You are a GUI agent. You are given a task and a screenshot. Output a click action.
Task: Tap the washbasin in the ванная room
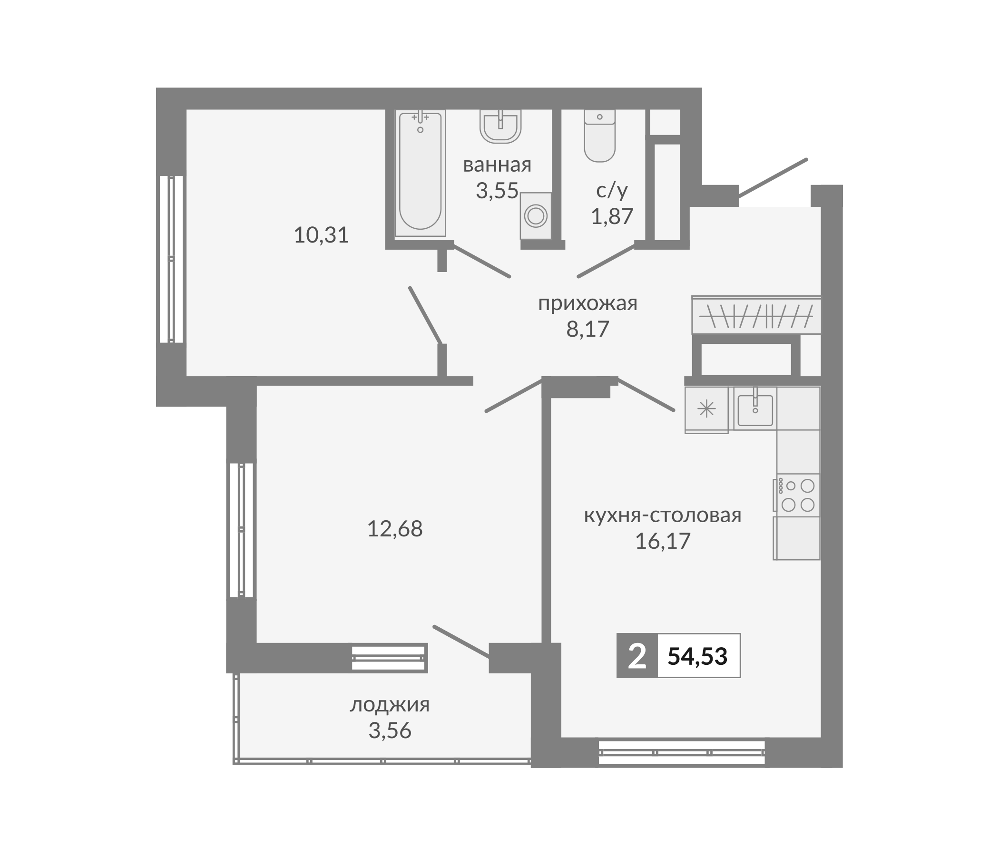[500, 126]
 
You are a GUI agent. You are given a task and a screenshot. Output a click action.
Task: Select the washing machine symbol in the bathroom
[536, 216]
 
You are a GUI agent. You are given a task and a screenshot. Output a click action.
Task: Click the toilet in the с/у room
[599, 136]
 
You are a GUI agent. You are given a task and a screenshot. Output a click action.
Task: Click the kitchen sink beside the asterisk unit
[755, 409]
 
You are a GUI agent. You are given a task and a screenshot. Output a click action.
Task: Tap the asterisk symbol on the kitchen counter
[707, 409]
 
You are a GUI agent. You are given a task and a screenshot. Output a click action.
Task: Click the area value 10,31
[321, 235]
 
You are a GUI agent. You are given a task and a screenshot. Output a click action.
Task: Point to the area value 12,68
[395, 529]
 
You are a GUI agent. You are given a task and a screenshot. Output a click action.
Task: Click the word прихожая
[587, 304]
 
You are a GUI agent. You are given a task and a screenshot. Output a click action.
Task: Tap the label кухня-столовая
[663, 515]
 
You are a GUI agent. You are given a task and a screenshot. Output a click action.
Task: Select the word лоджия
[390, 705]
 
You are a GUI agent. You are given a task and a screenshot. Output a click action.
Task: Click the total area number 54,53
[697, 656]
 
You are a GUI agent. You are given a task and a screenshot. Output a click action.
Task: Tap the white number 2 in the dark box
[637, 656]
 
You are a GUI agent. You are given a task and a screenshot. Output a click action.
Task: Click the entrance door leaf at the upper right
[773, 178]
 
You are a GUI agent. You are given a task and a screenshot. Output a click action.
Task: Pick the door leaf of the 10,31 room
[425, 315]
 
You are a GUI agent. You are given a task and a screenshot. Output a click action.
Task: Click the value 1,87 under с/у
[612, 216]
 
